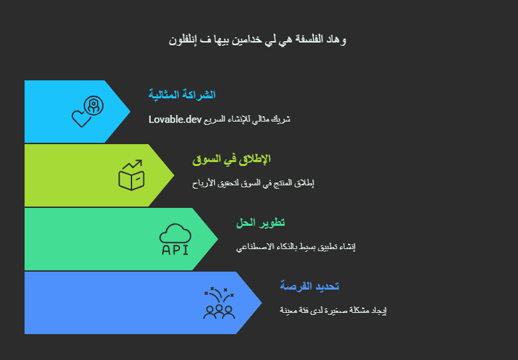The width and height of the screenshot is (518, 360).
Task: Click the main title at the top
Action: (258, 40)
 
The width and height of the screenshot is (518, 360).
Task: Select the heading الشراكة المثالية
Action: (182, 95)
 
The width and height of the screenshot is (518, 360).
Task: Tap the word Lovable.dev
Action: (175, 120)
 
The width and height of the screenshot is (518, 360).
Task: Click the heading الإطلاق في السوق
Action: (231, 159)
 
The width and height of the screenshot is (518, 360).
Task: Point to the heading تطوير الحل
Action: (260, 223)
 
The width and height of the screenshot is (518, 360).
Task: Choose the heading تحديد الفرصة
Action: (309, 286)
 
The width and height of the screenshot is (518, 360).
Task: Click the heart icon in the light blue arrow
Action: (81, 118)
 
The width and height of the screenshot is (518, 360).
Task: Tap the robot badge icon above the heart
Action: (94, 106)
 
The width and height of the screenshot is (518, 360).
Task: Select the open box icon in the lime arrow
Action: (131, 180)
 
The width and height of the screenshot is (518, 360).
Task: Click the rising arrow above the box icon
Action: (132, 164)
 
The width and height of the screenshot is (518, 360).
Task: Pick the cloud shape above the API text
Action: (175, 234)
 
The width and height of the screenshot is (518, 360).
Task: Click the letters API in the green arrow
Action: (175, 250)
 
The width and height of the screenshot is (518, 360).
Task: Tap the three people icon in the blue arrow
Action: (219, 312)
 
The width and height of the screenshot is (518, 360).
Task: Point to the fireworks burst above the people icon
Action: (219, 295)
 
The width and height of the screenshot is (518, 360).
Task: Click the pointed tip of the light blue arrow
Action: (130, 112)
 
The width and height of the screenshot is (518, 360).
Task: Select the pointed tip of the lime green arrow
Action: (174, 175)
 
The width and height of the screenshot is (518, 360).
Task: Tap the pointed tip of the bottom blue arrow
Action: (262, 302)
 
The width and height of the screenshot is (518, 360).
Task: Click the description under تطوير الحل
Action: (296, 246)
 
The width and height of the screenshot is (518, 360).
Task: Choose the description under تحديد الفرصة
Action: (333, 310)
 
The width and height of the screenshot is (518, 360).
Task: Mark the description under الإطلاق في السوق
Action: (253, 183)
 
